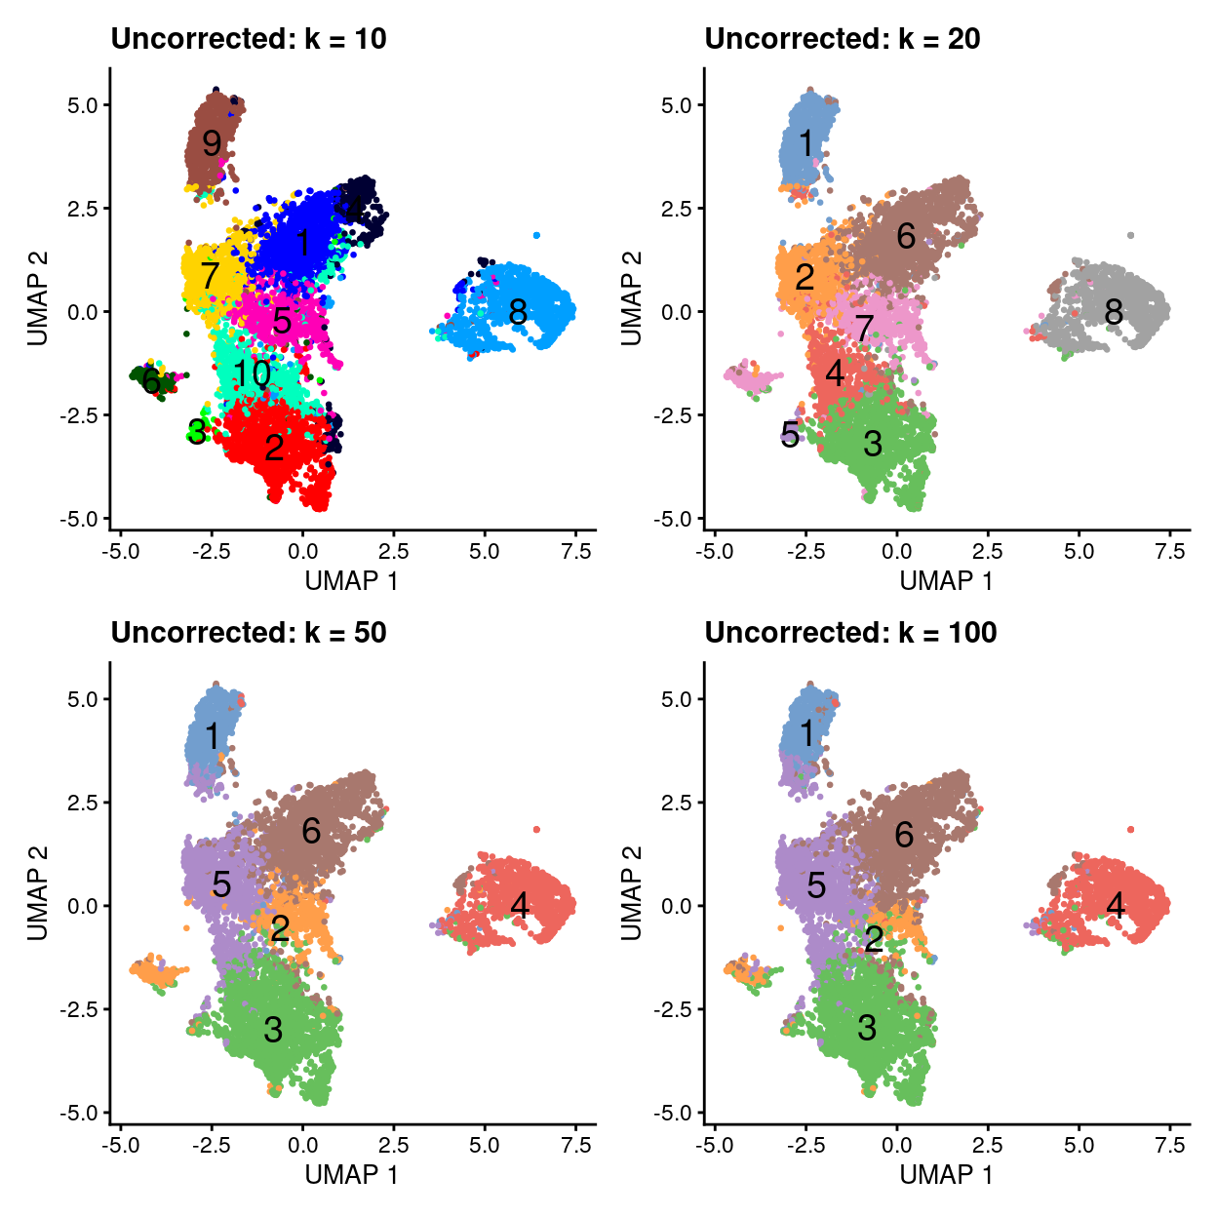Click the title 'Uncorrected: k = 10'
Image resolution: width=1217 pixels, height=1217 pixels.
pyautogui.click(x=249, y=39)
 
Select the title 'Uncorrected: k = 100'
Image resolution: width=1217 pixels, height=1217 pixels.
pyautogui.click(x=850, y=633)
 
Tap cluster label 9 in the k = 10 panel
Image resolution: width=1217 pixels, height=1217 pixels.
pyautogui.click(x=212, y=143)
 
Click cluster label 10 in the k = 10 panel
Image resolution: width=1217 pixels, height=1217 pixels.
pyautogui.click(x=252, y=373)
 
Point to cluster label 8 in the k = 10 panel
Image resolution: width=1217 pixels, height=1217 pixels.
pyautogui.click(x=518, y=312)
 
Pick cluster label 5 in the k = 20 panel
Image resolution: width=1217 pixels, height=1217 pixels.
pyautogui.click(x=790, y=434)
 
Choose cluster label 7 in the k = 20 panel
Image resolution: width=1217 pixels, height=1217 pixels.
pyautogui.click(x=864, y=328)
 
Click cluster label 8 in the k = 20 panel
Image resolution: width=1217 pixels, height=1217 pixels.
pyautogui.click(x=1114, y=312)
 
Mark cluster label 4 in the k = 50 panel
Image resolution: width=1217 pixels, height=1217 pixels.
pyautogui.click(x=520, y=906)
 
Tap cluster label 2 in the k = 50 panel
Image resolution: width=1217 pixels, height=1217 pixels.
pyautogui.click(x=280, y=928)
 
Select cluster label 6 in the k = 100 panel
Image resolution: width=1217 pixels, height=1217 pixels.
pyautogui.click(x=904, y=835)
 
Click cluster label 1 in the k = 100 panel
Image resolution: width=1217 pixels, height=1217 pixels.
pyautogui.click(x=806, y=732)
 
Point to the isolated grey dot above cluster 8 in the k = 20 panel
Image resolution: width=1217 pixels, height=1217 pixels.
pyautogui.click(x=1130, y=235)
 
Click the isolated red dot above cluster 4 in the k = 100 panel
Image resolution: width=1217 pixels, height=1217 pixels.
pyautogui.click(x=1130, y=829)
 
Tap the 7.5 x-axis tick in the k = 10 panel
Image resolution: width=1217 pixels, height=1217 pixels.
pyautogui.click(x=576, y=552)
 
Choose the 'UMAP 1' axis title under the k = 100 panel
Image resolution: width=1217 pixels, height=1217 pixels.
pyautogui.click(x=946, y=1175)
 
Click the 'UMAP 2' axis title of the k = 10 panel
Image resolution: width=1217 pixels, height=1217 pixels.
pyautogui.click(x=38, y=298)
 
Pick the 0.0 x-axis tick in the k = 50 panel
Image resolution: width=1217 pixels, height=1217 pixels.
pyautogui.click(x=302, y=1146)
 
